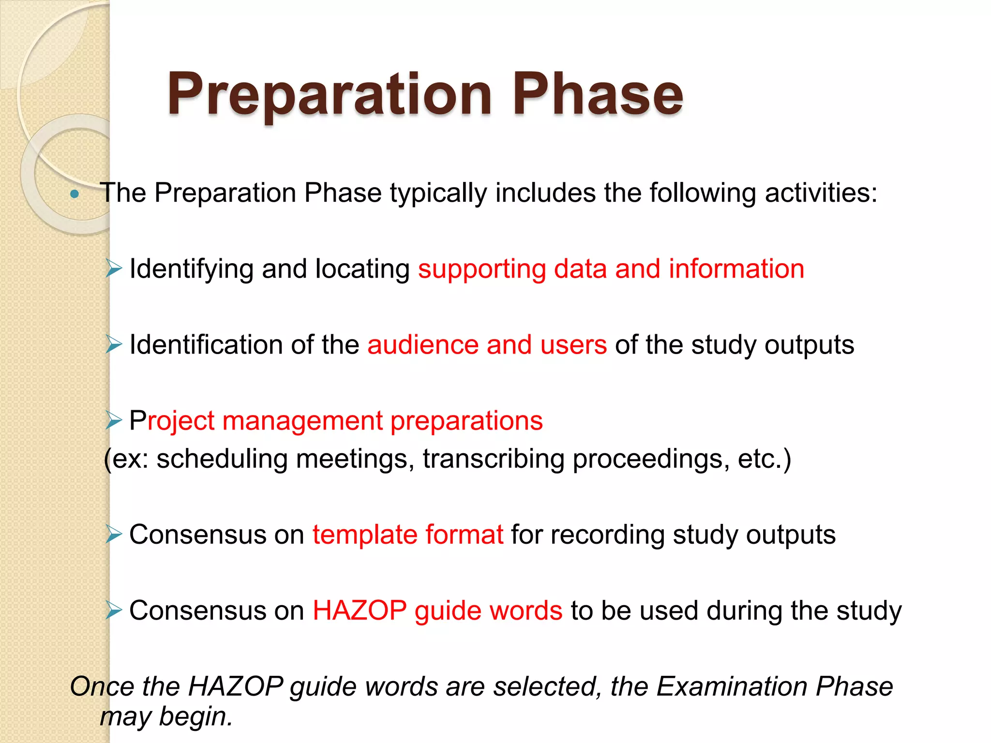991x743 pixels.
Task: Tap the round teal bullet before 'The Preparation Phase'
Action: coord(74,194)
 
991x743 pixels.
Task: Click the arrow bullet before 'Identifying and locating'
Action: coord(114,268)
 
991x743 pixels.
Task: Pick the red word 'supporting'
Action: coord(481,269)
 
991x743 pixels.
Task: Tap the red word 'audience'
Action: coord(422,345)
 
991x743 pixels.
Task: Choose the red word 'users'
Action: coord(573,345)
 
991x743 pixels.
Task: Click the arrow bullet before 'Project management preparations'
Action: coord(114,420)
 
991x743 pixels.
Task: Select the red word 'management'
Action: coord(302,421)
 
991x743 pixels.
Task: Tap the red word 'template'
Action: coord(364,535)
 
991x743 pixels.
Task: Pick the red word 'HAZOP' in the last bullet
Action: coord(360,610)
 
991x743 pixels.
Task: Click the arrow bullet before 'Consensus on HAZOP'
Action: coord(114,610)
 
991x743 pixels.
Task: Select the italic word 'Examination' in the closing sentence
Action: coord(732,686)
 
